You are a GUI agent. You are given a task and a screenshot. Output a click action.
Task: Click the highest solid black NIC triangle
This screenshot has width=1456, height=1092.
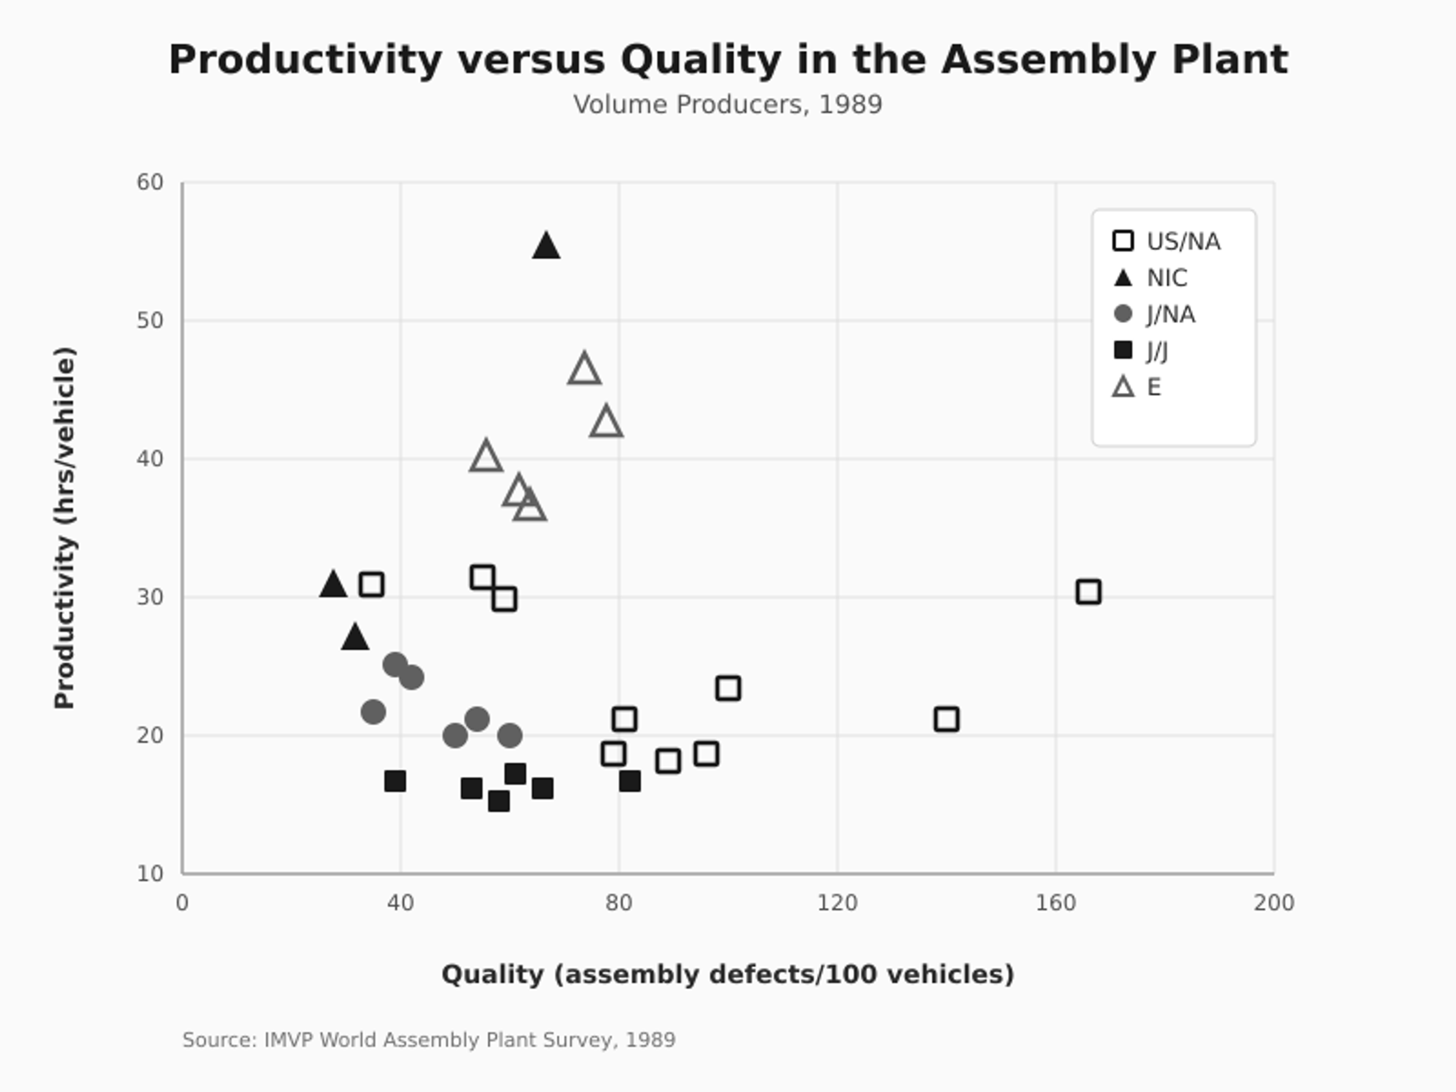[545, 247]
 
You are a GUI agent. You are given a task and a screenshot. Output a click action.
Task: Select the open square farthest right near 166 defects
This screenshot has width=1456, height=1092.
[1088, 591]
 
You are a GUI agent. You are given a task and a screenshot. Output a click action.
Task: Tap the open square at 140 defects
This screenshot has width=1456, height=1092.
[946, 719]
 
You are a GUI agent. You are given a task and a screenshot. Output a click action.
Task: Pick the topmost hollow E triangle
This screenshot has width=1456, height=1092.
[584, 369]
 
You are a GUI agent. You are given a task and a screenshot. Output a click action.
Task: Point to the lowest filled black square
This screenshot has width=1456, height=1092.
[498, 801]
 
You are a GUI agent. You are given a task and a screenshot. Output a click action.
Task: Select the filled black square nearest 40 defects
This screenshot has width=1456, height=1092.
[395, 781]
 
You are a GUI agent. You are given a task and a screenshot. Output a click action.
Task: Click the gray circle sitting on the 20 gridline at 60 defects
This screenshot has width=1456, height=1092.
[510, 735]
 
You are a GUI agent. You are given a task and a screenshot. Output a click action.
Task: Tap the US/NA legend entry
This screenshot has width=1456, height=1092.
[1167, 241]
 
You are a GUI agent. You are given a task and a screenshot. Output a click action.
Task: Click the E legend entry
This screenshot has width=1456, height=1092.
[1137, 387]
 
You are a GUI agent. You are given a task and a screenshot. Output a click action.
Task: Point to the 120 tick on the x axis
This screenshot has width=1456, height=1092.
[837, 903]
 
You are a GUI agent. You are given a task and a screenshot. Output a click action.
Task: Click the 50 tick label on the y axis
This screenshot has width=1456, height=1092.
[150, 320]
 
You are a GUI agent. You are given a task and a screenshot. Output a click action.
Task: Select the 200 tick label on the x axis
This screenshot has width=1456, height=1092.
[1273, 903]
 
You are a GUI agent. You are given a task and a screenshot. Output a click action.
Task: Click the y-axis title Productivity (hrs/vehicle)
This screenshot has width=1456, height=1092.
[65, 528]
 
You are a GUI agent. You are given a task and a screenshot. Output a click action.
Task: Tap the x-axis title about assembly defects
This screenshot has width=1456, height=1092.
[727, 974]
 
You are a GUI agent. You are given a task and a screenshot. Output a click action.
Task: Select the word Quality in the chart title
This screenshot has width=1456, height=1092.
[700, 60]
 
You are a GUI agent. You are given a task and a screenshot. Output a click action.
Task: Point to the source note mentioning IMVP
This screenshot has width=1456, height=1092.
[428, 1040]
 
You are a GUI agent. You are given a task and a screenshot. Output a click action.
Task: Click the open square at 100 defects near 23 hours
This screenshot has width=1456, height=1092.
[727, 689]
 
